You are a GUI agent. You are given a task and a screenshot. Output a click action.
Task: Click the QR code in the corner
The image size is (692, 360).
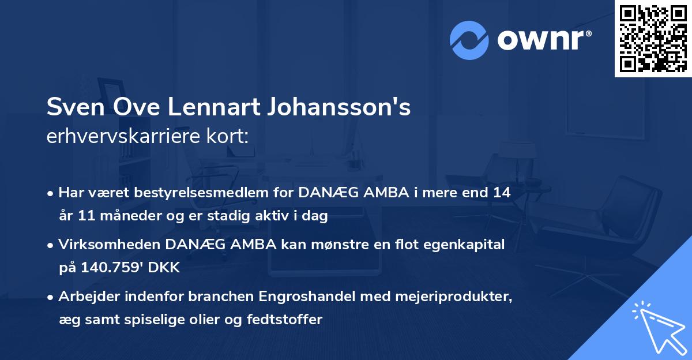653,38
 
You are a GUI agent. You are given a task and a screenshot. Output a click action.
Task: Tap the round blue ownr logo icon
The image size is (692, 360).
470,40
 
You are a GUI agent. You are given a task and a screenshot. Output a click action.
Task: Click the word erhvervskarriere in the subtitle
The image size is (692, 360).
118,137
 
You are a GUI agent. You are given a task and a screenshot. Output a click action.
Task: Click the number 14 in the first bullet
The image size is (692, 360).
502,193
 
